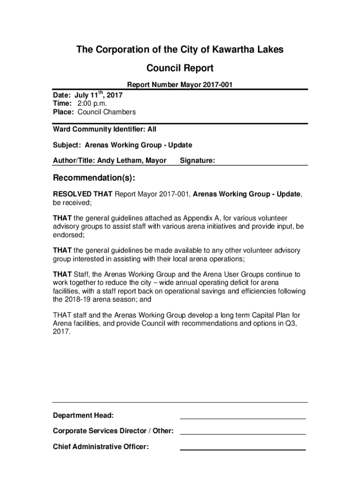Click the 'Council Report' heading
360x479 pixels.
(180, 68)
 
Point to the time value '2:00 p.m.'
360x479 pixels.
(89, 103)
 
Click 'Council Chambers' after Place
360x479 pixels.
(107, 112)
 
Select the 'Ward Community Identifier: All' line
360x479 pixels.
(104, 129)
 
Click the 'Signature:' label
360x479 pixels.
(197, 160)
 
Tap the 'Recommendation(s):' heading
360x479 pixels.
(94, 178)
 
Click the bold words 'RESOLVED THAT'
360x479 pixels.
(82, 194)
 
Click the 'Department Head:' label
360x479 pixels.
(83, 415)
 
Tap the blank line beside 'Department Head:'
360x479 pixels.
(243, 418)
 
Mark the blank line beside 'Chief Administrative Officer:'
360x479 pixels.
(243, 449)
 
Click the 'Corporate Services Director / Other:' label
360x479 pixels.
(114, 431)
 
